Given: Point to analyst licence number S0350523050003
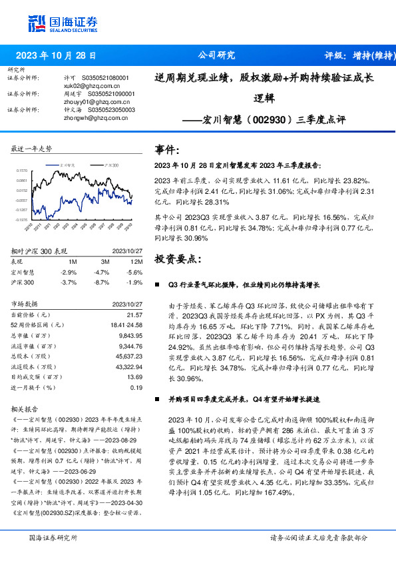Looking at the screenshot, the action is point(108,110).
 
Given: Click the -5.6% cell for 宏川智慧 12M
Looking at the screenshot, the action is point(134,272).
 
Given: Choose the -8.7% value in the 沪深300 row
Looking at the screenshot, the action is point(101,282).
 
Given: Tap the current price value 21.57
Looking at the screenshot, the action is point(134,314).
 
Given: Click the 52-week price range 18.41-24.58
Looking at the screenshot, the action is point(126,324).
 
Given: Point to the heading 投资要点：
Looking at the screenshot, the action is point(176,258).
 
